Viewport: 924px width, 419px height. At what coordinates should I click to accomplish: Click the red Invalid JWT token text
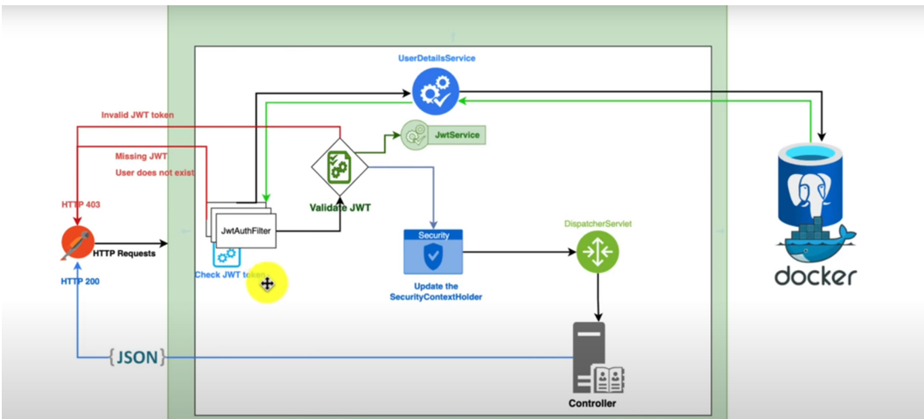[x=137, y=115]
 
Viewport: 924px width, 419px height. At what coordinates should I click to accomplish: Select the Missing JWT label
[x=141, y=157]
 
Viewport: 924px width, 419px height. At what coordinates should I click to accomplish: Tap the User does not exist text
[x=155, y=172]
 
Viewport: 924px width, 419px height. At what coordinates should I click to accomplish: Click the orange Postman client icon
[x=77, y=243]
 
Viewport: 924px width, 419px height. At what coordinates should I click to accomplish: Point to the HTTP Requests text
[x=124, y=254]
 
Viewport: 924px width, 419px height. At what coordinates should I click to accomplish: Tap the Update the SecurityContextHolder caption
[x=435, y=291]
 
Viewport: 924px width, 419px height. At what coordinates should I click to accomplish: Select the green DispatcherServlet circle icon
[x=598, y=251]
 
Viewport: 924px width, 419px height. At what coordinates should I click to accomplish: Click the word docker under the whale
[x=815, y=276]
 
